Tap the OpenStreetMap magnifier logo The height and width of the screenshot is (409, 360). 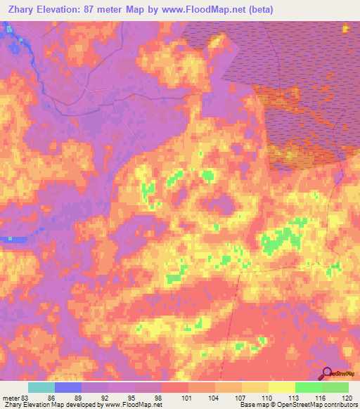326,374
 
